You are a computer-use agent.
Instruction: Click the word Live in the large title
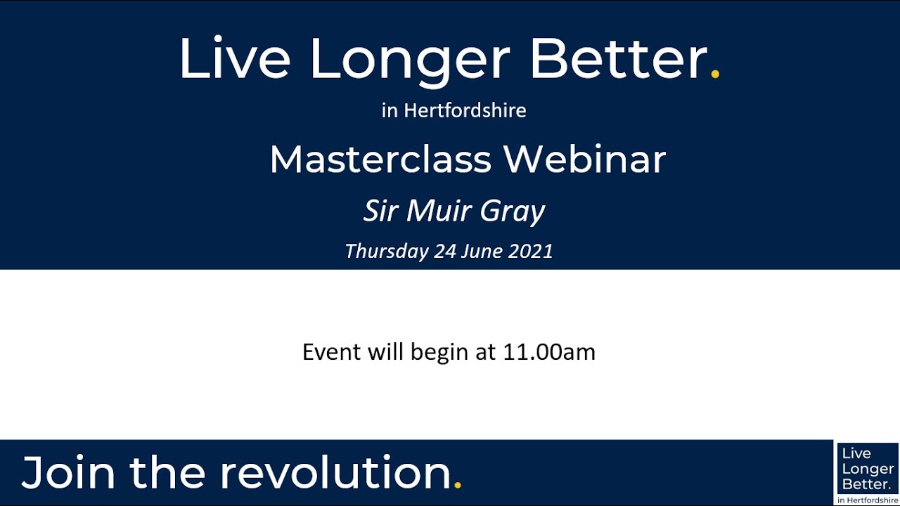pyautogui.click(x=234, y=59)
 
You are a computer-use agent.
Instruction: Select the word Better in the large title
pyautogui.click(x=618, y=59)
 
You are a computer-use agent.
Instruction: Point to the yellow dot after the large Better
pyautogui.click(x=716, y=74)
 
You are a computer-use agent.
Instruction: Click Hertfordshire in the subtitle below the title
pyautogui.click(x=465, y=111)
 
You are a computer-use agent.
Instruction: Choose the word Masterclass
pyautogui.click(x=380, y=160)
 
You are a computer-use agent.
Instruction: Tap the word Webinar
pyautogui.click(x=584, y=160)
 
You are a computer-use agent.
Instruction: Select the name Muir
pyautogui.click(x=436, y=211)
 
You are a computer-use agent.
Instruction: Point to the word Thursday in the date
pyautogui.click(x=386, y=251)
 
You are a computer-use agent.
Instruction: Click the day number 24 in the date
pyautogui.click(x=445, y=251)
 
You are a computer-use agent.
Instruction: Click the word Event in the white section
pyautogui.click(x=332, y=351)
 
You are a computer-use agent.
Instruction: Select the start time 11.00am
pyautogui.click(x=549, y=351)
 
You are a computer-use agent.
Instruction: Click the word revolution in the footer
pyautogui.click(x=335, y=472)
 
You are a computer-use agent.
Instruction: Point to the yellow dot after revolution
pyautogui.click(x=458, y=485)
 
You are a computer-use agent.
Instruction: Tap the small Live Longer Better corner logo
pyautogui.click(x=868, y=472)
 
